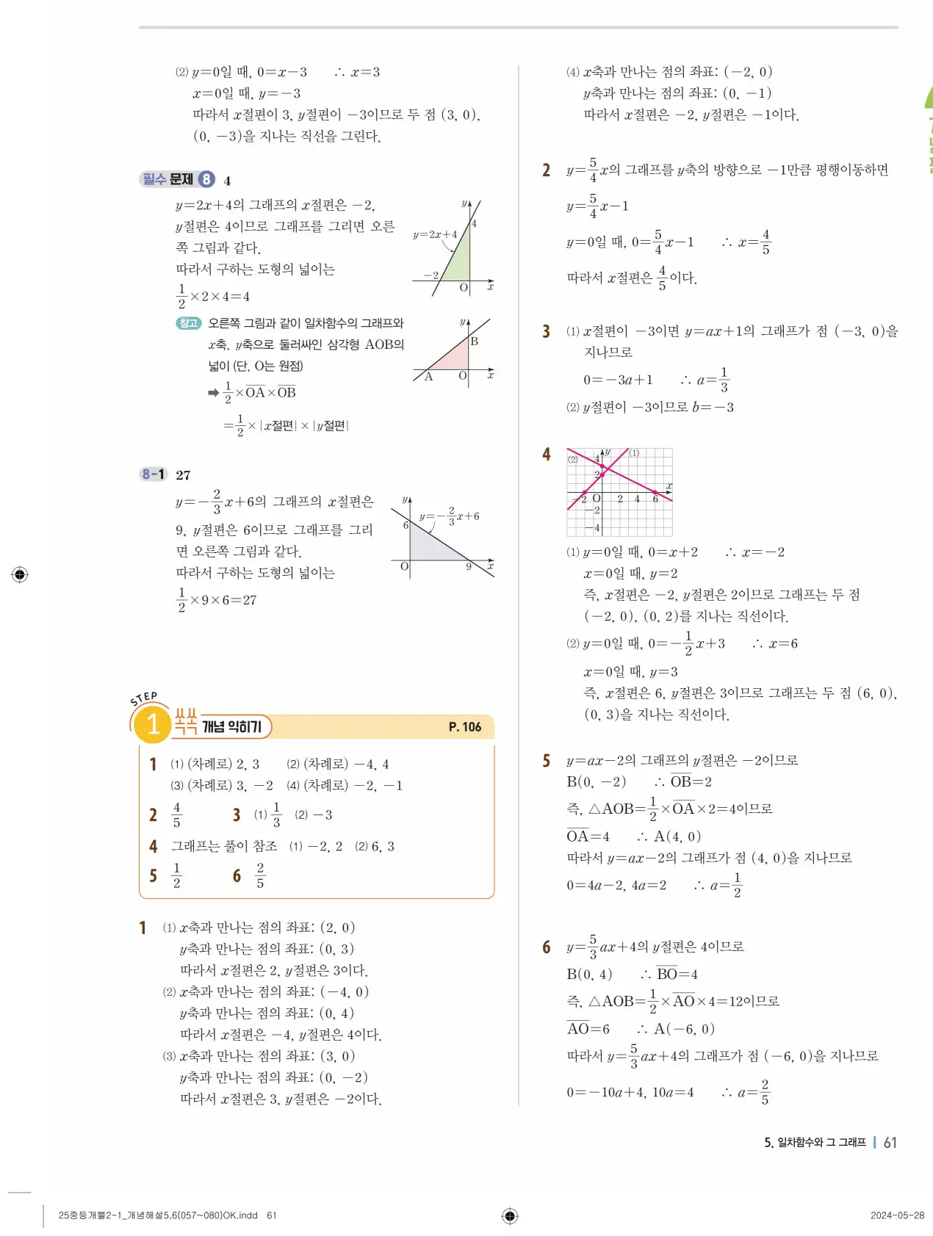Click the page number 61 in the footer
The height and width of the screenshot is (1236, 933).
coord(890,1142)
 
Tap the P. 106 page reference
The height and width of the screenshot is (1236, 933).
coord(464,727)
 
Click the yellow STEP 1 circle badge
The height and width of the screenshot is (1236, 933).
coord(152,724)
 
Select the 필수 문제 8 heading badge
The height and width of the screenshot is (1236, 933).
coord(177,179)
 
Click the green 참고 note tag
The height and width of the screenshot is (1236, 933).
coord(189,323)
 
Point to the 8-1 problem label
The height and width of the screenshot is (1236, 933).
coord(154,474)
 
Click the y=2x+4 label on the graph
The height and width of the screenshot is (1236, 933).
coord(434,235)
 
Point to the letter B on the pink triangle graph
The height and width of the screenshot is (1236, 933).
coord(475,341)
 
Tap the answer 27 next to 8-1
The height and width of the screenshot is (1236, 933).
coord(184,475)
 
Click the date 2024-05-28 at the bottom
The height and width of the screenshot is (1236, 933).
coord(897,1215)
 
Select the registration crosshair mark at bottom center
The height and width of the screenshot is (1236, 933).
coord(510,1216)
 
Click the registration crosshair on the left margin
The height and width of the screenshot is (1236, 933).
coord(21,574)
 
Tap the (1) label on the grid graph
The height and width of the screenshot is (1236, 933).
coord(634,453)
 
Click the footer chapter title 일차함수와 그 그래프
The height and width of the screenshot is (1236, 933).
coord(821,1143)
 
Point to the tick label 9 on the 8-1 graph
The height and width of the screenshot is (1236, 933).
coord(469,567)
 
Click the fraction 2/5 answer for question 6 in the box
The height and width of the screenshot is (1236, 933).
coord(260,875)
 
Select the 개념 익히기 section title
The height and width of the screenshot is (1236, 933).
coord(231,727)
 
